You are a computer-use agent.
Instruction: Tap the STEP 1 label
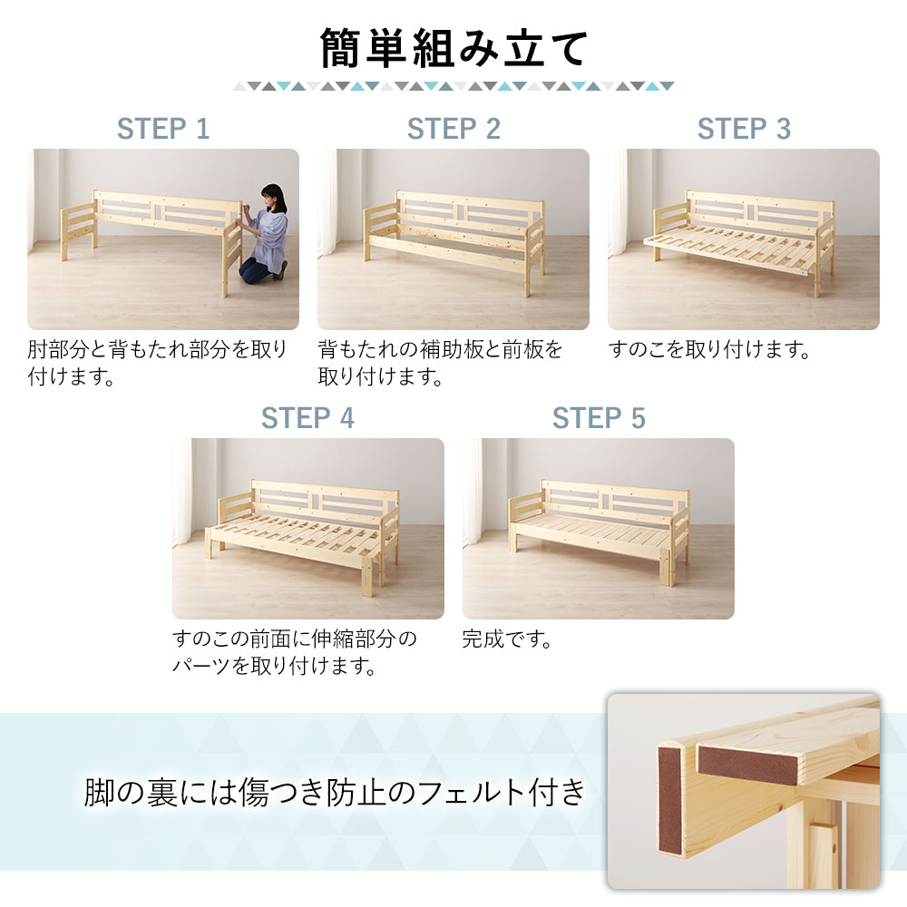163,129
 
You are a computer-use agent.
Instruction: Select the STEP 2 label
453,129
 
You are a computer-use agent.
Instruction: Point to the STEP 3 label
744,129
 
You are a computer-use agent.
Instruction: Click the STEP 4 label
307,418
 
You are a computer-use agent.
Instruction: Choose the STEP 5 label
599,418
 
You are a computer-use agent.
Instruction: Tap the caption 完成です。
507,639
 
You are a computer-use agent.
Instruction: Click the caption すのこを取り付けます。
709,350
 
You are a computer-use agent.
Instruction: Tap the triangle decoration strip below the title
453,86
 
